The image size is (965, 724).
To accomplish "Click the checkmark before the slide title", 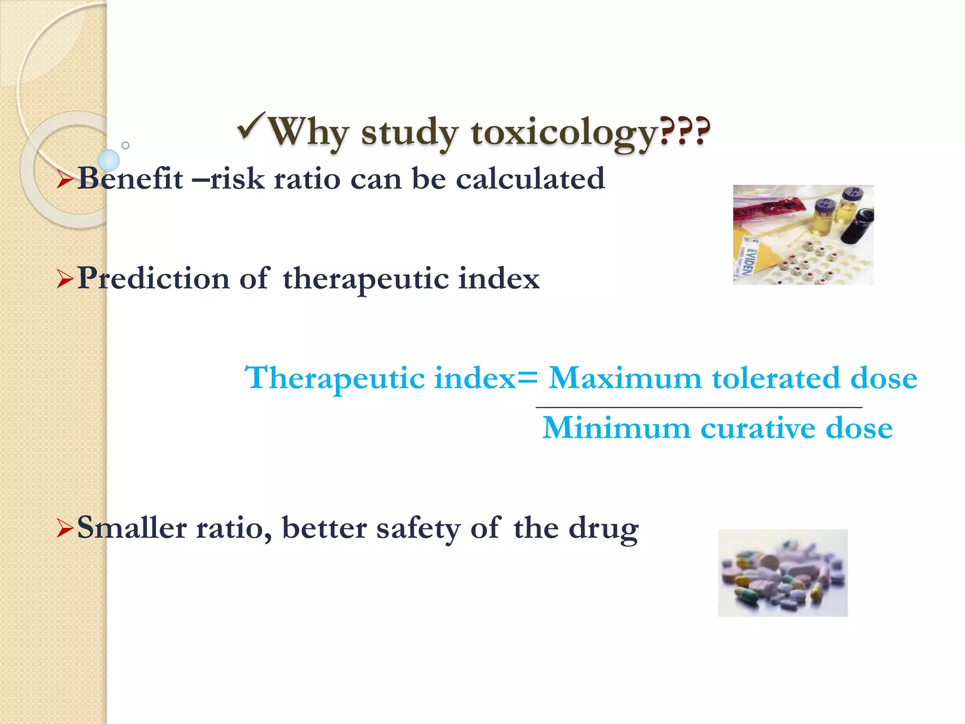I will coord(251,126).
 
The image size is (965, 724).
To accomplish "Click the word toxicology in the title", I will coord(564,132).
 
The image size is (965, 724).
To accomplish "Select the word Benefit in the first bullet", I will coord(130,179).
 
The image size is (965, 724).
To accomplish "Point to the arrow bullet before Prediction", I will coord(65,279).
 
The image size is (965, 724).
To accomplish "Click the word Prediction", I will coord(154,278).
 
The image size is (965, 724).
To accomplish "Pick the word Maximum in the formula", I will coord(625,378).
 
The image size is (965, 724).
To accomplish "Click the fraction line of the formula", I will coord(699,407).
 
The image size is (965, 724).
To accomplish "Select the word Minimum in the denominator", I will coord(616,428).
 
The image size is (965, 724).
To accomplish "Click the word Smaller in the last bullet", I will coord(131,527).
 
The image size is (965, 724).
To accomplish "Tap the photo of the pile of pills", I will coord(782,573).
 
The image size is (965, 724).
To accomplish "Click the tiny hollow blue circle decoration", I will coord(125,145).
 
